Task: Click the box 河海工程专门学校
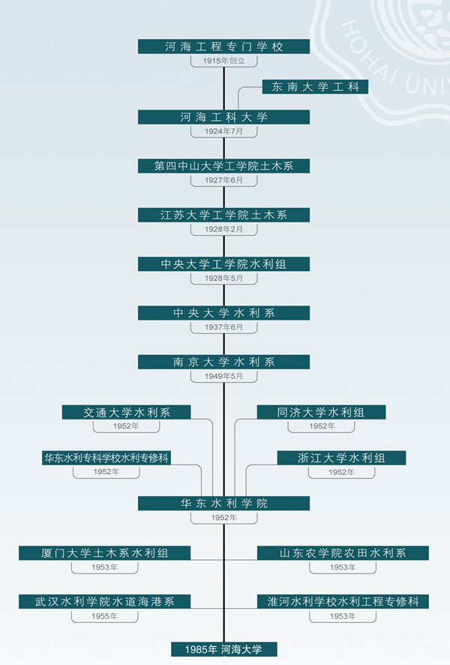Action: point(223,47)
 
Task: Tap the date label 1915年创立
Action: point(223,61)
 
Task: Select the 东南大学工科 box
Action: point(315,87)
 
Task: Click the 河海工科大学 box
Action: point(223,117)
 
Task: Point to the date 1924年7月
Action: point(223,131)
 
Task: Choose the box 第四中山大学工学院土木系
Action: point(223,166)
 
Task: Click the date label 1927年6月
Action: point(223,180)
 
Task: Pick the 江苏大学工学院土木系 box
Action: point(223,215)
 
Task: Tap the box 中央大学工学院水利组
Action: point(223,264)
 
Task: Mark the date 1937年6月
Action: point(223,327)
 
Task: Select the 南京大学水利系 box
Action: point(223,363)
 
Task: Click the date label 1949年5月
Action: point(223,376)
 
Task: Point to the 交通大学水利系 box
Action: point(126,412)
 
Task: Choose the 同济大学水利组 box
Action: point(321,412)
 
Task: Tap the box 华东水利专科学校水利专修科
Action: point(106,458)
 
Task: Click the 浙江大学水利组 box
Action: point(341,458)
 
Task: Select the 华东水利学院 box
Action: point(223,504)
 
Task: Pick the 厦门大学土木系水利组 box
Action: point(105,553)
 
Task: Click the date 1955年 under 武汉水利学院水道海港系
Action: point(105,616)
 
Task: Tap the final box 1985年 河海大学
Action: point(224,649)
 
